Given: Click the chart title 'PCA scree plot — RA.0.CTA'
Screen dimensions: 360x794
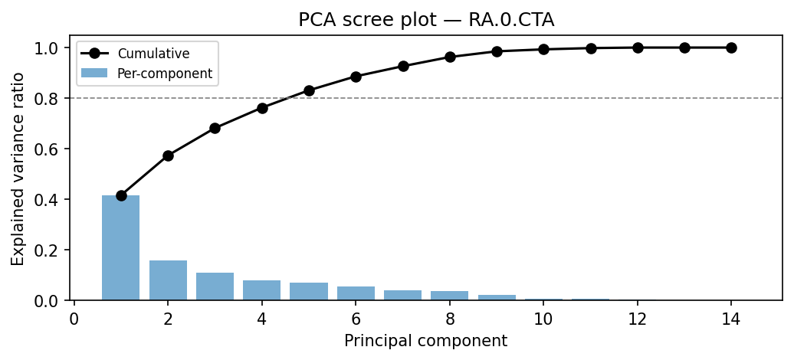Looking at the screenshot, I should click(426, 21).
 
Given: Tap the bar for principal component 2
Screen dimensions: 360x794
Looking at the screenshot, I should click(168, 280).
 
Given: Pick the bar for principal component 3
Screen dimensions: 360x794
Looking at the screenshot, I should click(215, 286).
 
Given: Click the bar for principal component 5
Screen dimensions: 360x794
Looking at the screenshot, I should click(309, 292).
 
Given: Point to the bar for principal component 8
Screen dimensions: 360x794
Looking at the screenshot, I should click(450, 296).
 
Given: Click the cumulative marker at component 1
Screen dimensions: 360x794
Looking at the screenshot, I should click(121, 195).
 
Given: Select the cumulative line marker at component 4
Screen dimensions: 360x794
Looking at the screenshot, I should click(262, 108).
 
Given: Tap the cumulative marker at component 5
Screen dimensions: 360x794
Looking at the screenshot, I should click(309, 90).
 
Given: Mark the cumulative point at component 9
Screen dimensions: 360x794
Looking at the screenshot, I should click(497, 51).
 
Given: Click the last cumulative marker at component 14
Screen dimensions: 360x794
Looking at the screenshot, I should click(731, 47).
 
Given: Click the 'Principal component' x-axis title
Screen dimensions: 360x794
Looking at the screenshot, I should click(425, 341).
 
